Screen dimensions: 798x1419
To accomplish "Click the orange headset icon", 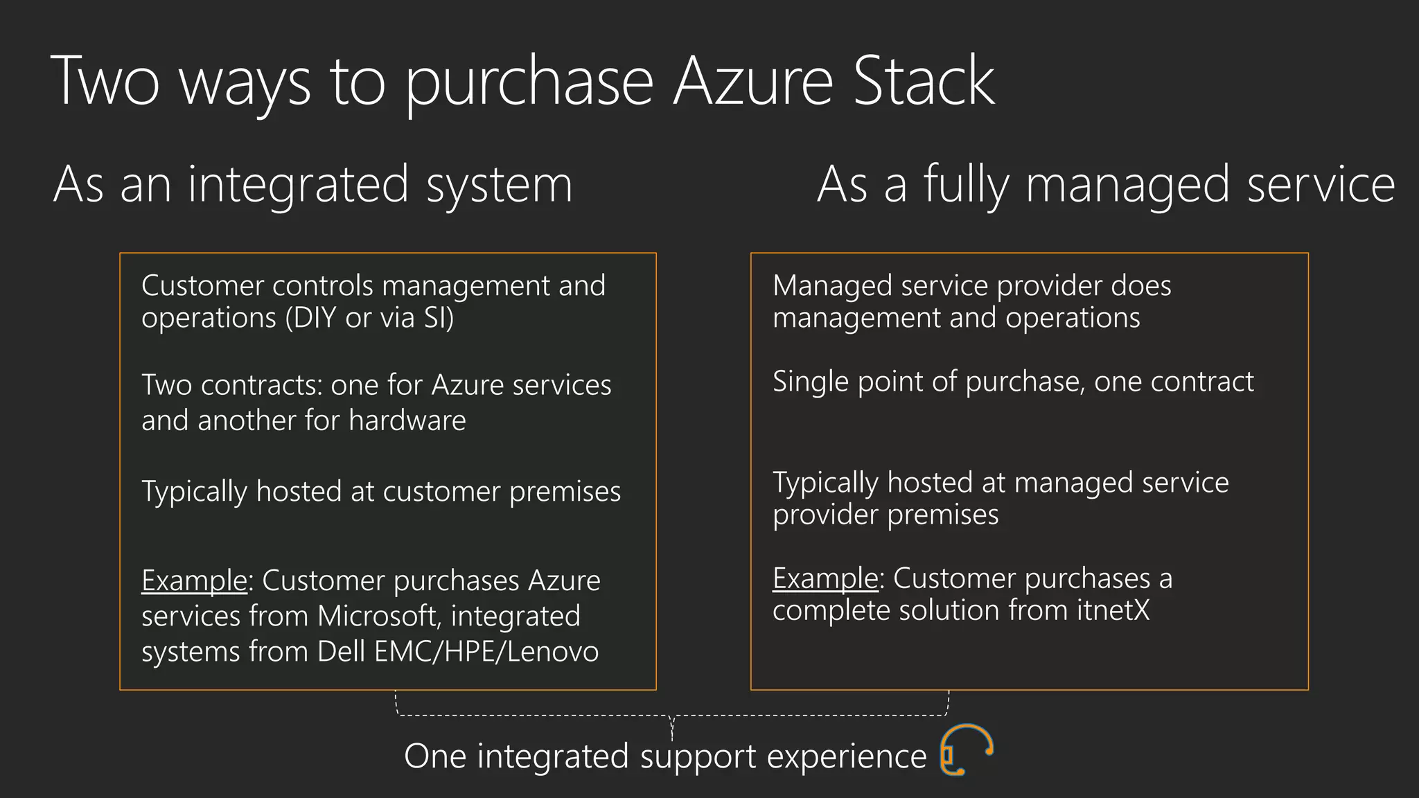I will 967,750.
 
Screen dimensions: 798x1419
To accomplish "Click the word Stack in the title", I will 924,82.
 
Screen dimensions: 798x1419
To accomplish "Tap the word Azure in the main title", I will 753,82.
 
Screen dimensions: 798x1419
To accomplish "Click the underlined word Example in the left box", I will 194,580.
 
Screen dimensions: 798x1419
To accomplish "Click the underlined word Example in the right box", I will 825,578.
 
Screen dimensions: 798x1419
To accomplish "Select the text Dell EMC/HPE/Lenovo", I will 458,652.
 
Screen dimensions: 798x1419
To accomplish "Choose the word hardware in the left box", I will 407,420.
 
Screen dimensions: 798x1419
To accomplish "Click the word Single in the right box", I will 811,382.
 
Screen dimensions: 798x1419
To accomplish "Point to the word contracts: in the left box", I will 262,385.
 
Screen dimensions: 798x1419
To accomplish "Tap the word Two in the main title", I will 105,82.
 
